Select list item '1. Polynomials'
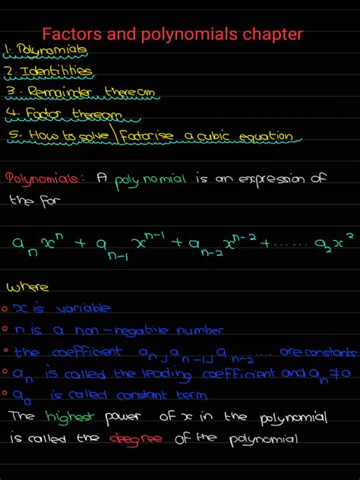click(46, 51)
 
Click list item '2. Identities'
click(49, 71)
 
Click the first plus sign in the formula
click(78, 242)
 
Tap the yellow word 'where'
click(28, 287)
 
